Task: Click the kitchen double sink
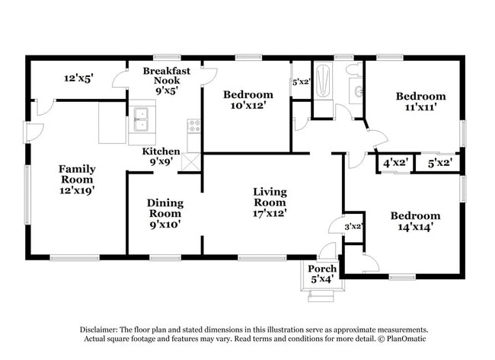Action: click(x=142, y=119)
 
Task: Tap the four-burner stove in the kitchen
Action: click(x=193, y=126)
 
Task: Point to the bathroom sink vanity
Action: click(x=356, y=93)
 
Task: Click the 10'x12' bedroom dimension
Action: click(x=247, y=105)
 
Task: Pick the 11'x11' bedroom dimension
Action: click(x=420, y=107)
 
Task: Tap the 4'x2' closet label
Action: click(x=394, y=163)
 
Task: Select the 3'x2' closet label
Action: click(x=353, y=226)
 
